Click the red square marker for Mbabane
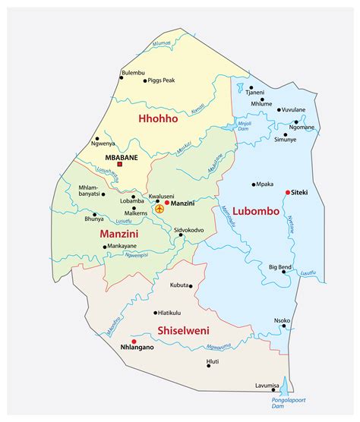click(x=119, y=164)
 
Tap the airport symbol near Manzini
click(x=159, y=207)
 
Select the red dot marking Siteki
click(x=287, y=192)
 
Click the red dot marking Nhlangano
click(x=134, y=342)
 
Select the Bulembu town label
click(x=133, y=72)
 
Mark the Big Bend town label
click(x=282, y=267)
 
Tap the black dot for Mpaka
click(x=253, y=184)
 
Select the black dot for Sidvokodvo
click(x=181, y=235)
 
